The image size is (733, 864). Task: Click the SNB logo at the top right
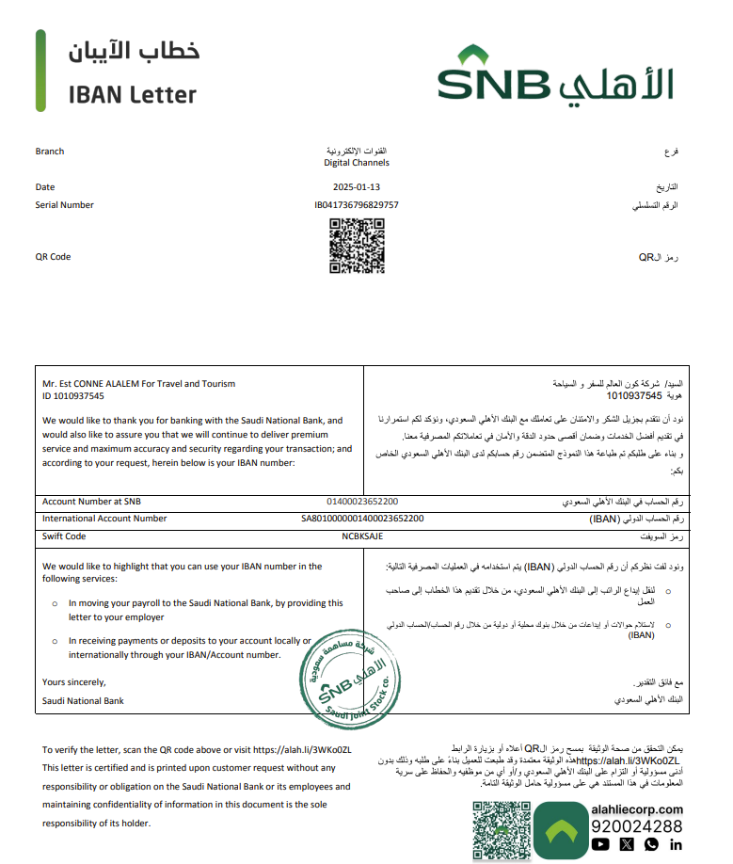555,75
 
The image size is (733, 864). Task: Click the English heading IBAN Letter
133,95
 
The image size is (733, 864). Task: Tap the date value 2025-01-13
356,187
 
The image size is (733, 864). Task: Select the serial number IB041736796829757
356,204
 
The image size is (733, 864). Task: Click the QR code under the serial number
357,246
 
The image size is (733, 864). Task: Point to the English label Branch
50,152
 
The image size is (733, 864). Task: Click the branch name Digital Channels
357,163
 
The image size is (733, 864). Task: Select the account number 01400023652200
362,502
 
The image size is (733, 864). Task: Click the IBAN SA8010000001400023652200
362,519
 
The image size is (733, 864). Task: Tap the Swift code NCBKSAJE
362,536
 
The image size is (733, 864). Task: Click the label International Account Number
104,519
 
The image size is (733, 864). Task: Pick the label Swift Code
64,536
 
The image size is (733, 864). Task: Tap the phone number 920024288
637,826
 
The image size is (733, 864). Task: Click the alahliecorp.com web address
637,809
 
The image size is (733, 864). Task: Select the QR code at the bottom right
501,831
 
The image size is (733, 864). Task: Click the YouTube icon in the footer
601,845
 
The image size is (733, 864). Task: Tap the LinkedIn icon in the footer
676,845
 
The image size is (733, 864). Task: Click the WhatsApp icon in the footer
651,845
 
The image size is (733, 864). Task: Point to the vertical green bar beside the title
40,71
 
